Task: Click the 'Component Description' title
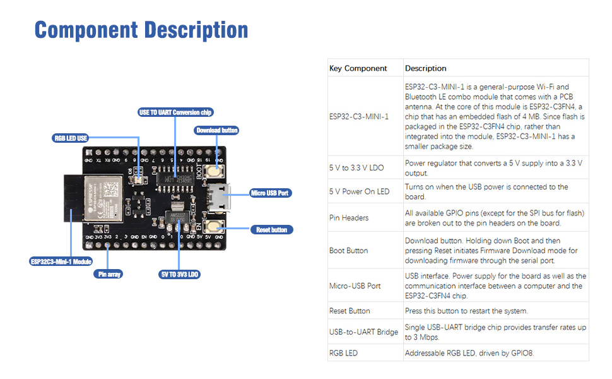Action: click(141, 30)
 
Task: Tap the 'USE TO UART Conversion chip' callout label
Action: click(175, 112)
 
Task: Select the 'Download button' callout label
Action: click(216, 130)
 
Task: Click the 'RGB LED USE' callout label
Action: click(70, 138)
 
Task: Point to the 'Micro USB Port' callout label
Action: click(271, 193)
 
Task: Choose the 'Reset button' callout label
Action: click(271, 230)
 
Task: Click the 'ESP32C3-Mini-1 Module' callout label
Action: click(61, 262)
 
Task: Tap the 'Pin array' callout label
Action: click(108, 274)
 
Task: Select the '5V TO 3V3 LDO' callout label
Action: click(179, 274)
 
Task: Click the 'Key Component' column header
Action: click(358, 68)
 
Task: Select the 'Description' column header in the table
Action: click(425, 68)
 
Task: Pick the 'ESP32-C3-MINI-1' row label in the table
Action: click(358, 117)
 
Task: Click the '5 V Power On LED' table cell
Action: click(359, 191)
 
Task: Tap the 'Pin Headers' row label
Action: click(348, 218)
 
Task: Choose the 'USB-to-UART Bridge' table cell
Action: click(363, 332)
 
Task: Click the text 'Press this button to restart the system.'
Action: click(466, 311)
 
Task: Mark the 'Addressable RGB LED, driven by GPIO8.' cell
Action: click(469, 353)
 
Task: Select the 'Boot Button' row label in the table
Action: click(348, 251)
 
